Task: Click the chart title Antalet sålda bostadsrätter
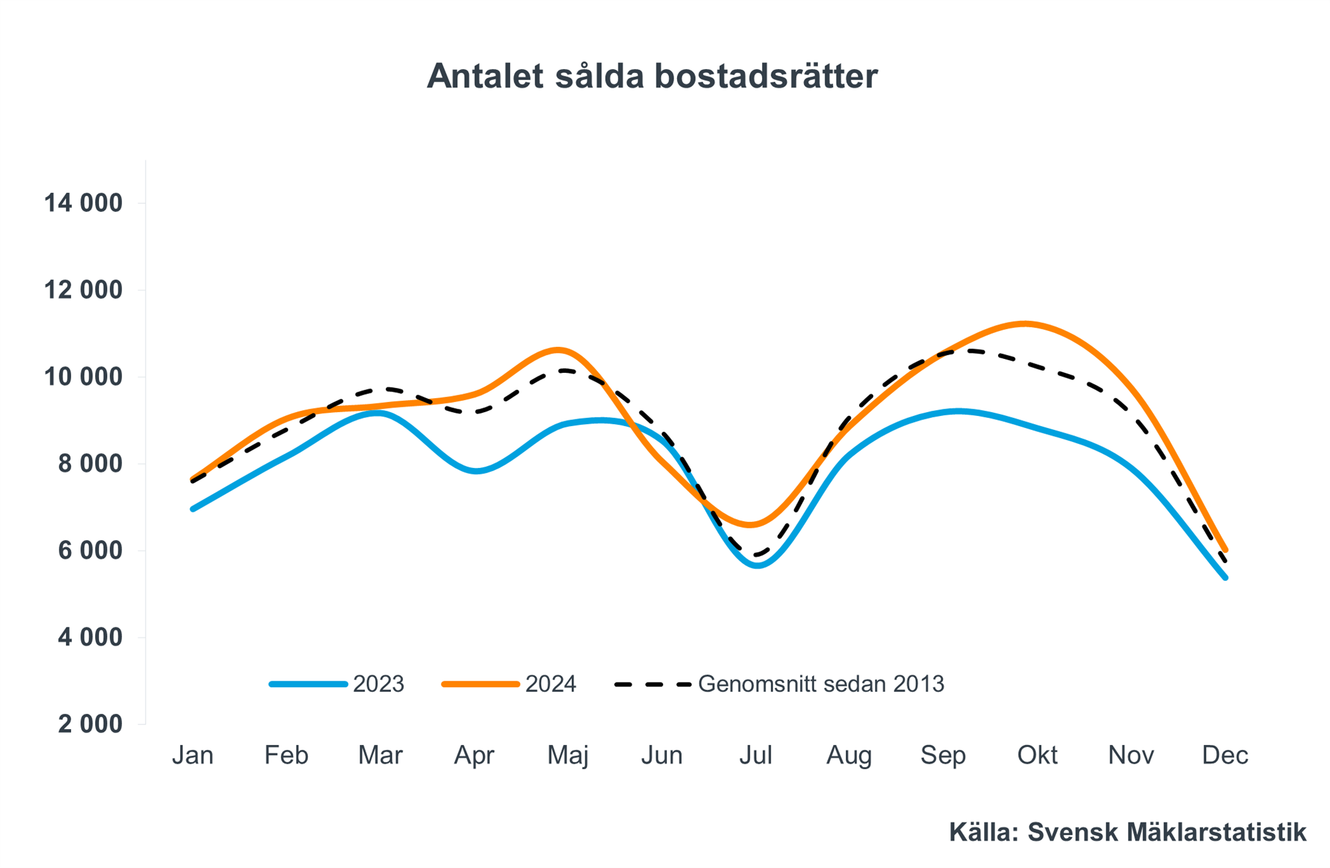click(x=652, y=76)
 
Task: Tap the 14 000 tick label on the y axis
click(x=83, y=203)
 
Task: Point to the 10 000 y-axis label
click(x=83, y=378)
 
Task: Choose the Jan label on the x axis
click(x=193, y=756)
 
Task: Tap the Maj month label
click(x=568, y=756)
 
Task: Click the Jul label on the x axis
click(x=755, y=756)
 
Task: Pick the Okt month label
click(x=1037, y=756)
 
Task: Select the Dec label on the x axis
click(x=1225, y=756)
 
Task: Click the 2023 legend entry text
click(x=378, y=685)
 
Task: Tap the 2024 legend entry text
click(x=551, y=685)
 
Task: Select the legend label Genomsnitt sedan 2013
click(x=821, y=685)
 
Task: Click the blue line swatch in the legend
click(x=309, y=685)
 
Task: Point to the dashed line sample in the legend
click(x=653, y=685)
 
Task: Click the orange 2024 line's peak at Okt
click(x=1025, y=324)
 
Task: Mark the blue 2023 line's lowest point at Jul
click(x=758, y=566)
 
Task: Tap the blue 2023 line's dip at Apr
click(x=477, y=471)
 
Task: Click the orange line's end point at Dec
click(x=1225, y=550)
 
